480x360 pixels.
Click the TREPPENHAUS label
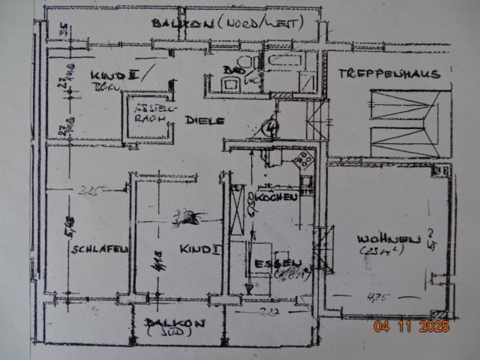388,74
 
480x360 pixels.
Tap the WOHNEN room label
388,239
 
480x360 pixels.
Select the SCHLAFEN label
100,249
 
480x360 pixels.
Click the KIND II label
114,75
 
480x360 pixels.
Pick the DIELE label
204,120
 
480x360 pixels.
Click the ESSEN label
278,263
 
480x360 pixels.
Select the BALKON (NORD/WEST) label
228,23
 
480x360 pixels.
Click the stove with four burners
304,159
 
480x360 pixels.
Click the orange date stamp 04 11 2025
411,326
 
